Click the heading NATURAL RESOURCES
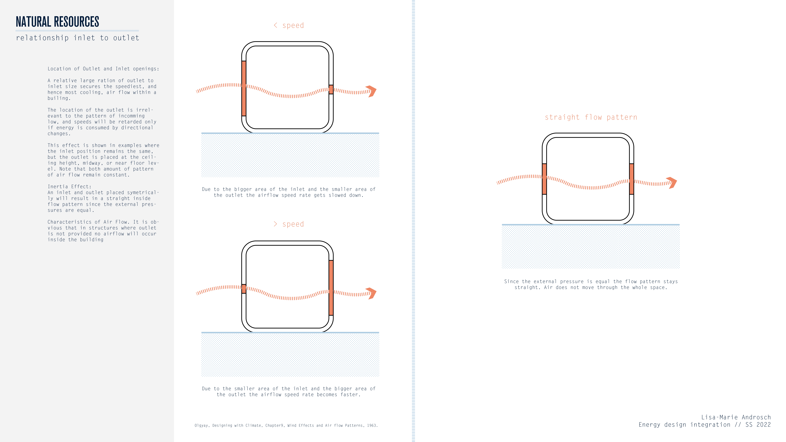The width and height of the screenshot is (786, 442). (x=57, y=22)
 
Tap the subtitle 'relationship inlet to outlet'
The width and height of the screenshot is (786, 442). (x=78, y=38)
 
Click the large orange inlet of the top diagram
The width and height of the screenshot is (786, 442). (x=244, y=88)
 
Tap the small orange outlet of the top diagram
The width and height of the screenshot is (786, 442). (x=331, y=90)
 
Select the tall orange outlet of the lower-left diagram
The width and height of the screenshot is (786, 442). (x=331, y=288)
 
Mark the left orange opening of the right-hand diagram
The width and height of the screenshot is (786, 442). (x=544, y=179)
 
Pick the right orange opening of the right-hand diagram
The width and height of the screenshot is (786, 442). (x=632, y=179)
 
